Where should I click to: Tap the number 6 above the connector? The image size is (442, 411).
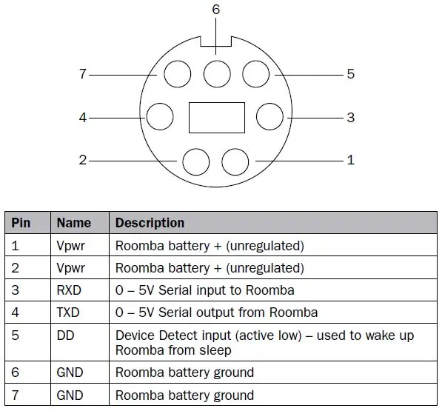coord(216,10)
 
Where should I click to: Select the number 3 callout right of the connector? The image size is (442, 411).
coord(351,118)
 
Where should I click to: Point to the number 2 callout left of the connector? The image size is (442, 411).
coord(83,160)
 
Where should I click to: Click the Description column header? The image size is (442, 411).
coord(150,223)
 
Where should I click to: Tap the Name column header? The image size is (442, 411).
coord(74,223)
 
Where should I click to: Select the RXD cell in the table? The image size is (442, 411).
coord(69,290)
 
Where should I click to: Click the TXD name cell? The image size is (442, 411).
coord(68,313)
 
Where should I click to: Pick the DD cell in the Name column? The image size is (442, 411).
coord(65,335)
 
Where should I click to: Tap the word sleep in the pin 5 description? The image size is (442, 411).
coord(215,351)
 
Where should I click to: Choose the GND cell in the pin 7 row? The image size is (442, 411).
coord(70,395)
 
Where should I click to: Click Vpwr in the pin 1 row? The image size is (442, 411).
coord(70,246)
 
